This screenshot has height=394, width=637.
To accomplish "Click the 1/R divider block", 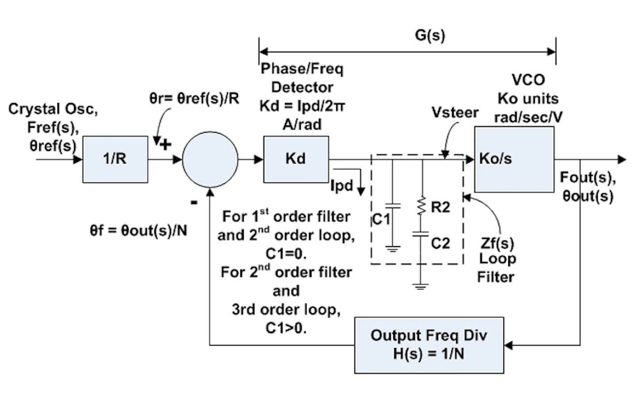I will [115, 159].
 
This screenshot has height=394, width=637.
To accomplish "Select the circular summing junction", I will [210, 159].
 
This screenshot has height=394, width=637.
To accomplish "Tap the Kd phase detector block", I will [295, 158].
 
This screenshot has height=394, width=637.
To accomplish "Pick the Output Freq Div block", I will [429, 345].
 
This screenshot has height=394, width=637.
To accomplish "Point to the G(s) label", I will [430, 35].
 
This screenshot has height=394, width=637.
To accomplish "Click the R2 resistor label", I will [440, 207].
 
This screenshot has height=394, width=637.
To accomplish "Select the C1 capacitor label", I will [380, 219].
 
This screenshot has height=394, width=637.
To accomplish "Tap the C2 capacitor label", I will [440, 243].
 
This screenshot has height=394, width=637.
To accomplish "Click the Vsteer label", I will [455, 112].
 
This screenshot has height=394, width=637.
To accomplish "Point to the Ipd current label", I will [342, 185].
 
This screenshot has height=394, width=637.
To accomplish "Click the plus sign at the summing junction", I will [165, 144].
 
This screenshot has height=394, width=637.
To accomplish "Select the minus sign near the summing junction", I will [194, 202].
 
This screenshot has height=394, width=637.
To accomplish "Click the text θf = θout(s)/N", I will [138, 230].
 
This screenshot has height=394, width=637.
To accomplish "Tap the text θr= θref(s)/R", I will [194, 98].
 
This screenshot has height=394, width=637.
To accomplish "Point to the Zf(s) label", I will [497, 243].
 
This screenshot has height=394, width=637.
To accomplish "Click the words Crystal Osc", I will [53, 109].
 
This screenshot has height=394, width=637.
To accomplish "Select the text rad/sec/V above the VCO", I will [528, 117].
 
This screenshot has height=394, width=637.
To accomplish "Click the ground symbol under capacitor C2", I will [420, 286].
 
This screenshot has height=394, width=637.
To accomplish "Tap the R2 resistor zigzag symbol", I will [422, 206].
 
